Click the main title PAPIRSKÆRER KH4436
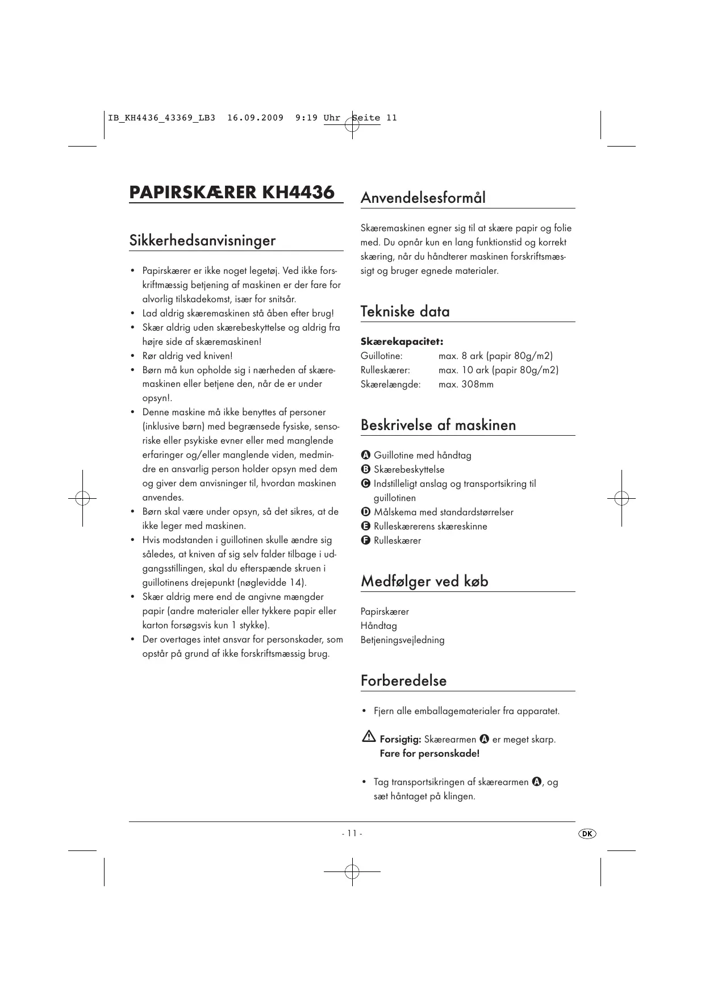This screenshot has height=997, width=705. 232,192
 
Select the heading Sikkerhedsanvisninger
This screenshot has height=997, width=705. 202,240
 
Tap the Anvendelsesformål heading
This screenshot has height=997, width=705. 423,198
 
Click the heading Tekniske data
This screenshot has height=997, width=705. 405,311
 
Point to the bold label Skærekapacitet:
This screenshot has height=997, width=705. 402,341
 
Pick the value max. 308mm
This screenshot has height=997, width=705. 466,384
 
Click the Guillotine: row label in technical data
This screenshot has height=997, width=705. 381,356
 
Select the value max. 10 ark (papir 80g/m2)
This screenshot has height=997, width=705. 498,370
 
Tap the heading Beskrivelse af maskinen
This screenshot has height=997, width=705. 438,425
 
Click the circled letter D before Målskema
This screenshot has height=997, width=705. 366,512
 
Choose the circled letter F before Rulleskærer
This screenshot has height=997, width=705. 366,540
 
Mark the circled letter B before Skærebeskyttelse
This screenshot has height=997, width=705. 366,469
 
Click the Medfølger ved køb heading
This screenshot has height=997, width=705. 424,581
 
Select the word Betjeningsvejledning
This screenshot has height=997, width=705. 402,640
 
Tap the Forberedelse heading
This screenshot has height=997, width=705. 403,681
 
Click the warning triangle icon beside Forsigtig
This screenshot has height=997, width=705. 368,737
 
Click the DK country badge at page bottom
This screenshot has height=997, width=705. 587,833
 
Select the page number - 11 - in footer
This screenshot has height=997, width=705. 352,833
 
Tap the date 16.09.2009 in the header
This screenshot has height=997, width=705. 255,118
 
